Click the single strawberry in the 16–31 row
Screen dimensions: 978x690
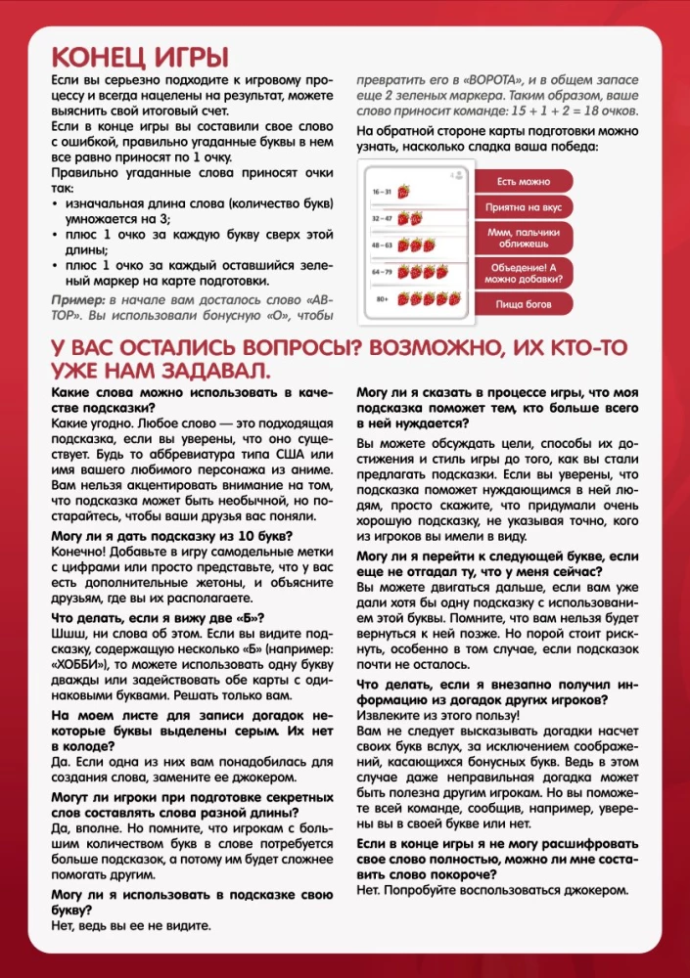click(402, 191)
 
